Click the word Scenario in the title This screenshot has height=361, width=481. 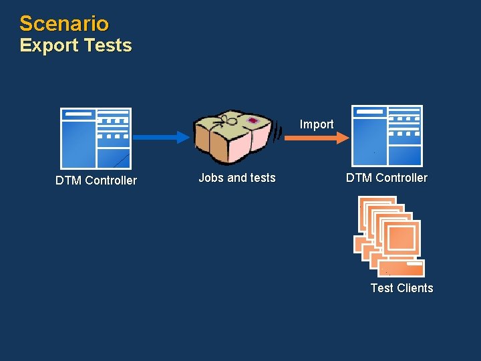[x=64, y=23]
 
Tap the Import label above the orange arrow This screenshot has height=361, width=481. [x=316, y=124]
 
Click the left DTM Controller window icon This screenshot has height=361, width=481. [x=96, y=138]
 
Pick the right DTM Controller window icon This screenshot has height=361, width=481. [x=387, y=135]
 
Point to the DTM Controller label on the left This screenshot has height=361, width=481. [x=96, y=180]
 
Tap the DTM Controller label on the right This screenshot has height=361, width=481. [x=387, y=178]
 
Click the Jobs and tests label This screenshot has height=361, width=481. [x=237, y=178]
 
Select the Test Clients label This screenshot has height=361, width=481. [x=402, y=288]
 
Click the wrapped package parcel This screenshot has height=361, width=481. [x=234, y=137]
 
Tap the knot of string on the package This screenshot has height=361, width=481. [x=230, y=120]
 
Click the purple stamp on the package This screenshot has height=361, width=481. [x=253, y=120]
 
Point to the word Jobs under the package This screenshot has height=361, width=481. [x=211, y=178]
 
